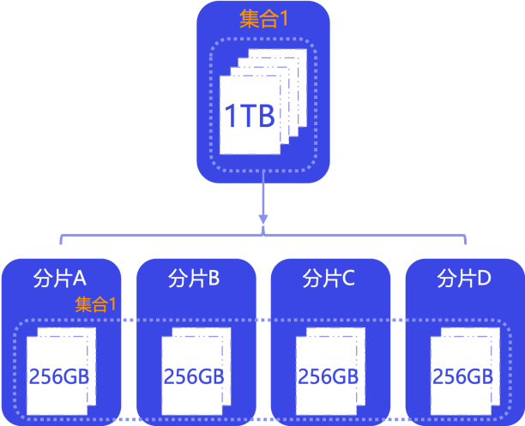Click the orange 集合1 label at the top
[x=264, y=20]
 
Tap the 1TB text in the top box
[x=249, y=116]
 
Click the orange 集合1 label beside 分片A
[x=96, y=303]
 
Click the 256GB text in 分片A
[x=59, y=377]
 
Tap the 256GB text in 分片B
[x=194, y=377]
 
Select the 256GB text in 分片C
[x=329, y=377]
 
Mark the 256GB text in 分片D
[x=462, y=377]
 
